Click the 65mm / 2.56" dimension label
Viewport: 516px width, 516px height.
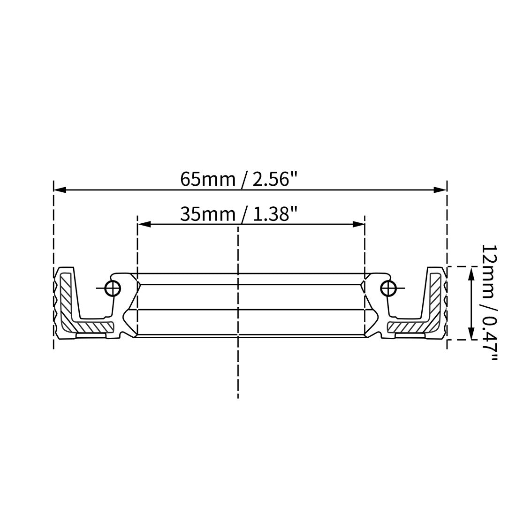point(239,179)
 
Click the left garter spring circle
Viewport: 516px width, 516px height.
point(113,288)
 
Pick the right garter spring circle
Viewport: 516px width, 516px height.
point(388,288)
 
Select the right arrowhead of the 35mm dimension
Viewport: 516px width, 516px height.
point(358,225)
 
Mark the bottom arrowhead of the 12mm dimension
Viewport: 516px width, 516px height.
point(470,334)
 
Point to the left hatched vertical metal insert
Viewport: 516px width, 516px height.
point(65,296)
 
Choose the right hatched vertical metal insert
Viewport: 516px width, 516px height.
point(436,296)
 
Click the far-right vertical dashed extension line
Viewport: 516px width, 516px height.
point(447,225)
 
